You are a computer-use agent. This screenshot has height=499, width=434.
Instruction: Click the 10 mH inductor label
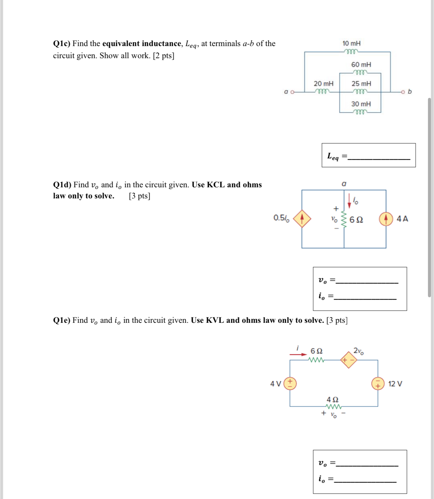[351, 43]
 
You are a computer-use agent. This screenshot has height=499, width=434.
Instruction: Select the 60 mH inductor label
[361, 65]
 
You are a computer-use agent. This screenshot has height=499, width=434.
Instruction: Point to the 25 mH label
[361, 84]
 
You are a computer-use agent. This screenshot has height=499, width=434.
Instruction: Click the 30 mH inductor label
[361, 104]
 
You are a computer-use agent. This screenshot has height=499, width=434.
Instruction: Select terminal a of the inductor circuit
[292, 91]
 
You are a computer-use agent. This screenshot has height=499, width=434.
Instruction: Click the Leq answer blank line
[378, 159]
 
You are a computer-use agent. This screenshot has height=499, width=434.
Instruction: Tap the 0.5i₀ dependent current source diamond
[302, 219]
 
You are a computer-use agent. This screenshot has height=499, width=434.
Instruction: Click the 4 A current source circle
[386, 219]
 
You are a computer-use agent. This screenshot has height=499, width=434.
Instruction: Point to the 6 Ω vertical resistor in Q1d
[344, 219]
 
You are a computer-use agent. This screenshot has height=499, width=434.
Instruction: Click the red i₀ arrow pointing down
[349, 201]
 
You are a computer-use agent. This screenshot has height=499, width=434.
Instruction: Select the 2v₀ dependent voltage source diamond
[349, 360]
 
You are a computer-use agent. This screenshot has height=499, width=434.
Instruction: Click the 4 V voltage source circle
[290, 383]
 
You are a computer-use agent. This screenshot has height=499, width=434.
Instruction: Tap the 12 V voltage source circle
[378, 383]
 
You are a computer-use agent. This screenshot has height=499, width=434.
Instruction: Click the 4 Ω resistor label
[332, 399]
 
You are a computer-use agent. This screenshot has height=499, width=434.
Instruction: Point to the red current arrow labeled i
[298, 354]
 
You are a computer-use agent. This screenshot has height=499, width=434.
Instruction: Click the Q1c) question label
[62, 44]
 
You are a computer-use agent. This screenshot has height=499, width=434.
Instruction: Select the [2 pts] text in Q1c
[164, 56]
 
